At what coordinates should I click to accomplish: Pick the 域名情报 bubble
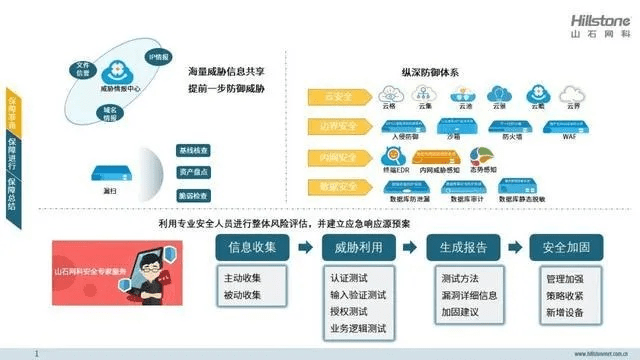[111, 112]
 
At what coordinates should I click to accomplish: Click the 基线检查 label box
[193, 151]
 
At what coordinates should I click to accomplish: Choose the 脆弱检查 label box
[193, 196]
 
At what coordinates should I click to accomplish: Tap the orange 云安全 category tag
[337, 97]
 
